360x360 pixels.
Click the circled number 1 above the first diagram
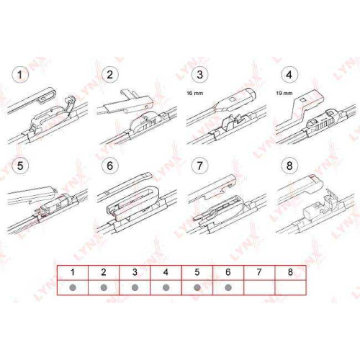pos(20,75)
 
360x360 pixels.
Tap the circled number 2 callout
pos(110,75)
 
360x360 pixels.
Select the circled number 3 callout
pos(199,75)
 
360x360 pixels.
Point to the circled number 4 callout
pos(289,75)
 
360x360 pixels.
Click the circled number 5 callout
pos(20,166)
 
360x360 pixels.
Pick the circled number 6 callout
pos(110,166)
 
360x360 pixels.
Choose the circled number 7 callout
pos(199,166)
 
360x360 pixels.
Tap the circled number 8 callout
pos(289,166)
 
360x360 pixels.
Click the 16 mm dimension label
pos(194,93)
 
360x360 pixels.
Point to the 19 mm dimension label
pos(284,93)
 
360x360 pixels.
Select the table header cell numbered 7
pos(259,273)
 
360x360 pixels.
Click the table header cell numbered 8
pos(290,273)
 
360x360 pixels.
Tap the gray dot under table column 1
pos(73,287)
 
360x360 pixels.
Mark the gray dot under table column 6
pos(228,287)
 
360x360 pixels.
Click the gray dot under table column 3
pos(135,287)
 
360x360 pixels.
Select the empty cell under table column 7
pos(259,287)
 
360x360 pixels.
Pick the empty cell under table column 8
pos(290,287)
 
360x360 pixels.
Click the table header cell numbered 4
pos(166,273)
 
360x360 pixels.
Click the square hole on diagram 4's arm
pos(303,99)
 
